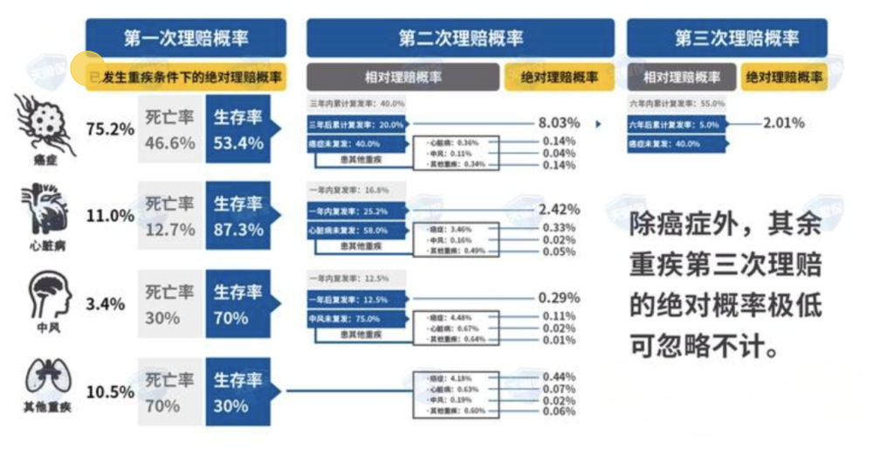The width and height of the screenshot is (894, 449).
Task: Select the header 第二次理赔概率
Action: [x=461, y=38]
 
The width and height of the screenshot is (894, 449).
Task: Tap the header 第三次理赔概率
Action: [x=726, y=38]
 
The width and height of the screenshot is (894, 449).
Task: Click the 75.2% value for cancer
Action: [x=110, y=129]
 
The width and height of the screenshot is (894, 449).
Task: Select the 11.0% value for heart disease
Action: [x=110, y=216]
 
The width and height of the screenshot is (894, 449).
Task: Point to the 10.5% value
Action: [x=110, y=391]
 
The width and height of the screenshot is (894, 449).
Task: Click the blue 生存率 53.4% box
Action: [x=238, y=129]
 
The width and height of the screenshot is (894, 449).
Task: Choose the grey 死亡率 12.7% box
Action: [x=170, y=216]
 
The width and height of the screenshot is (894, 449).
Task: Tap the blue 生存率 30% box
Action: [x=238, y=391]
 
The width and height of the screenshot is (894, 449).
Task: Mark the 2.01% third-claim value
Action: [x=783, y=123]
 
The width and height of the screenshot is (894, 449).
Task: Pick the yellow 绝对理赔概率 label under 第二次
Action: [x=560, y=78]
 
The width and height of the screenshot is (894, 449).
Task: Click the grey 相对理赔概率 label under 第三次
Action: [x=682, y=78]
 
